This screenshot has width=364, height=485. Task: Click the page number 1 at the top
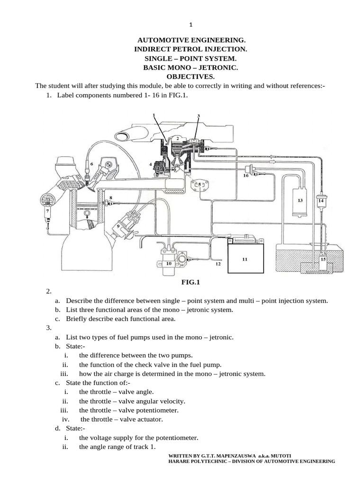pyautogui.click(x=190, y=25)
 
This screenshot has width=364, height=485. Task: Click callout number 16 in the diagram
pyautogui.click(x=246, y=175)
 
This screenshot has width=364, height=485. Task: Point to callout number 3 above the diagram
pyautogui.click(x=199, y=116)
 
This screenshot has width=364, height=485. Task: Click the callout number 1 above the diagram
pyautogui.click(x=154, y=115)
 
